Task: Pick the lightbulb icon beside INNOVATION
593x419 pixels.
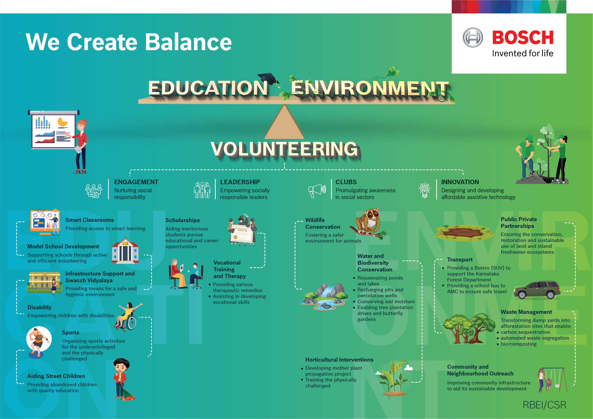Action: [x=425, y=190]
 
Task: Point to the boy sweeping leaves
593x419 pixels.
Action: [x=123, y=379]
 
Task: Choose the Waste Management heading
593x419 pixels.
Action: [x=526, y=312]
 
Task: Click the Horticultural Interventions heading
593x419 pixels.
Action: [x=339, y=360]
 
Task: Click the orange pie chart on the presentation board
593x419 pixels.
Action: [x=62, y=122]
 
